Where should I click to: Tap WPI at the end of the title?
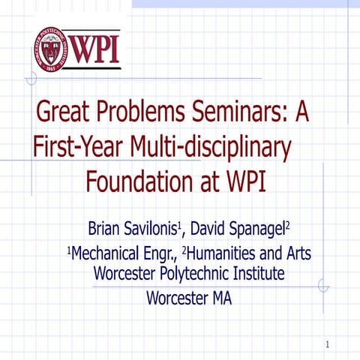243,181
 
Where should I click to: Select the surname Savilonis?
152,228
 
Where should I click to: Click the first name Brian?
105,228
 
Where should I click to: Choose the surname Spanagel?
259,228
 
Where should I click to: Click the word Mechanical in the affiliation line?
105,253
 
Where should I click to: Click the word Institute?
256,273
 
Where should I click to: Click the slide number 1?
328,345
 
